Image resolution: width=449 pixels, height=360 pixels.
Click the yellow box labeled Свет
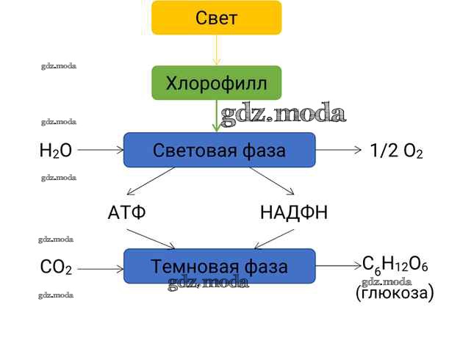point(216,18)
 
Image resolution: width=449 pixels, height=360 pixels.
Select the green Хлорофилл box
point(216,82)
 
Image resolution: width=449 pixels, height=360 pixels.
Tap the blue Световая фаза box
point(219,150)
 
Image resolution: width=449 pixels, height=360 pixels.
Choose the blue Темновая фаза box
point(219,266)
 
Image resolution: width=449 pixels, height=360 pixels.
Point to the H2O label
point(56,151)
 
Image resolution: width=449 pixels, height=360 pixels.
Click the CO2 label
point(56,267)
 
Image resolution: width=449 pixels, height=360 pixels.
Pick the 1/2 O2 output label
point(397,151)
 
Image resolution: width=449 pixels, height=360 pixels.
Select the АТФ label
point(126,214)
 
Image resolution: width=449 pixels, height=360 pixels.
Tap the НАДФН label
point(293,214)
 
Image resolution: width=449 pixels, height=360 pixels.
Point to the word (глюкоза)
point(395,293)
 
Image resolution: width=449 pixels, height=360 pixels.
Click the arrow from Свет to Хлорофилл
point(216,50)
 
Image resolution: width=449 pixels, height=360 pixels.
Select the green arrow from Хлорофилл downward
point(216,116)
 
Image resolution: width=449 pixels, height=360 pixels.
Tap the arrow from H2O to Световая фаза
point(100,150)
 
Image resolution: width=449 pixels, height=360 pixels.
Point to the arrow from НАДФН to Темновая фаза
point(273,239)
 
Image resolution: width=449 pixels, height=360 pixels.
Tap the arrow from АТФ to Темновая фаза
point(151,239)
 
